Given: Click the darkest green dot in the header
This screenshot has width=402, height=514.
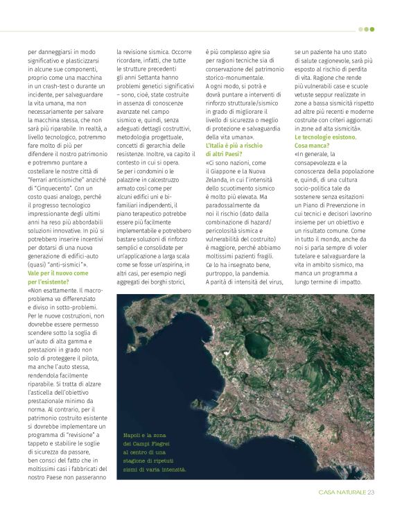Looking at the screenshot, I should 372,29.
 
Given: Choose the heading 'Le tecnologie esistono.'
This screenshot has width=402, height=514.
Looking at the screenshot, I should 324,137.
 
